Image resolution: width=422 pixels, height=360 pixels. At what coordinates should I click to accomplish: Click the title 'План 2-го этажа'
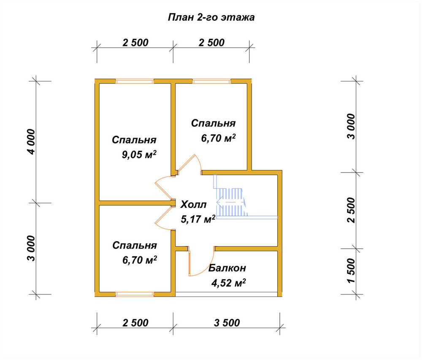[x=211, y=17]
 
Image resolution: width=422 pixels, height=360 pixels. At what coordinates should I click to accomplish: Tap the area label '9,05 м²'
[x=139, y=155]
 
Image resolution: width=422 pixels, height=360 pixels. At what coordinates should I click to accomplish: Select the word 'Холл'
[x=193, y=204]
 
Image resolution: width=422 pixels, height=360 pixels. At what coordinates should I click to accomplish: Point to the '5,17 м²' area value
[x=198, y=219]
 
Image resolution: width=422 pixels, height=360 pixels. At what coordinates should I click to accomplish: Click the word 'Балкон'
[x=227, y=268]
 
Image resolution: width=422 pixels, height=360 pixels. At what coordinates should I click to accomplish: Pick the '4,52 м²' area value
[x=228, y=283]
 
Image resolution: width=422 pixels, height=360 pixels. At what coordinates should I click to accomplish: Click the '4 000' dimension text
[x=31, y=142]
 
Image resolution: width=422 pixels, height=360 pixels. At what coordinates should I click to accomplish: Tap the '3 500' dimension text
[x=227, y=322]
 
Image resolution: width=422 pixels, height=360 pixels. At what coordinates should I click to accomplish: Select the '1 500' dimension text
[x=351, y=271]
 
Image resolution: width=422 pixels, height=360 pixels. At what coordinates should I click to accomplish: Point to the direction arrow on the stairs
[x=231, y=202]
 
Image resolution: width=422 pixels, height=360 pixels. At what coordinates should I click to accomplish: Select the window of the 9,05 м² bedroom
[x=135, y=81]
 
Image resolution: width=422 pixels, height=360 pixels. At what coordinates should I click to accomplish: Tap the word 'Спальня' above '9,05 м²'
[x=134, y=140]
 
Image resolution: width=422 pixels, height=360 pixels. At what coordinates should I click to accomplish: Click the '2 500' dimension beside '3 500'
[x=135, y=322]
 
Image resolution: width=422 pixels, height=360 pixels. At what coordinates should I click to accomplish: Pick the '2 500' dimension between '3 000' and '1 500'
[x=351, y=210]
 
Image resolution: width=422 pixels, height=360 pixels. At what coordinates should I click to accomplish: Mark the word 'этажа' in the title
[x=238, y=17]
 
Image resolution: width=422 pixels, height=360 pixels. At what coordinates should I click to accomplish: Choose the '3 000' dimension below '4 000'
[x=31, y=248]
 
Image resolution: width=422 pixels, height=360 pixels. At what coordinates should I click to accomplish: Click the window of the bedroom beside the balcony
[x=135, y=294]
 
